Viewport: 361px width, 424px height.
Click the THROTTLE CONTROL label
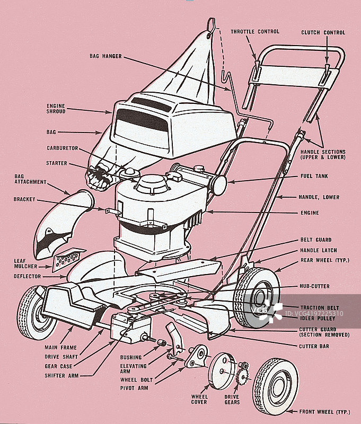click(255, 32)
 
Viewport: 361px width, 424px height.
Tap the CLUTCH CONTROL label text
click(323, 32)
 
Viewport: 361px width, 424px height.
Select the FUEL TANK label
click(314, 176)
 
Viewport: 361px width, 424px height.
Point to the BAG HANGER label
click(105, 56)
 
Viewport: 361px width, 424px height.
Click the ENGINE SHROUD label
click(56, 109)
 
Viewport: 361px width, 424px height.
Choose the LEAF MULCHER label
click(25, 263)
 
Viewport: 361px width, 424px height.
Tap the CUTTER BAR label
click(314, 347)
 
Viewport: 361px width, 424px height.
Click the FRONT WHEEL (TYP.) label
click(324, 412)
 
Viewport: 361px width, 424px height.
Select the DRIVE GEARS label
click(232, 400)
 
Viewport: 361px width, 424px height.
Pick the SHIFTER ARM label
click(61, 376)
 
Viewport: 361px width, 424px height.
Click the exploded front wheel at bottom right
click(275, 386)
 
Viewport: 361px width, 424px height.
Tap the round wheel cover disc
click(222, 371)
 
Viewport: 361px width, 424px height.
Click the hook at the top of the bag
click(211, 28)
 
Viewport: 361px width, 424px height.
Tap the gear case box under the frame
click(130, 328)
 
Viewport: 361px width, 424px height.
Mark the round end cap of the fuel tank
click(219, 185)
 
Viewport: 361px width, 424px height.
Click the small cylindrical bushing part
click(162, 342)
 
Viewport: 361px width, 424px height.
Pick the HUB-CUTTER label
click(314, 286)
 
